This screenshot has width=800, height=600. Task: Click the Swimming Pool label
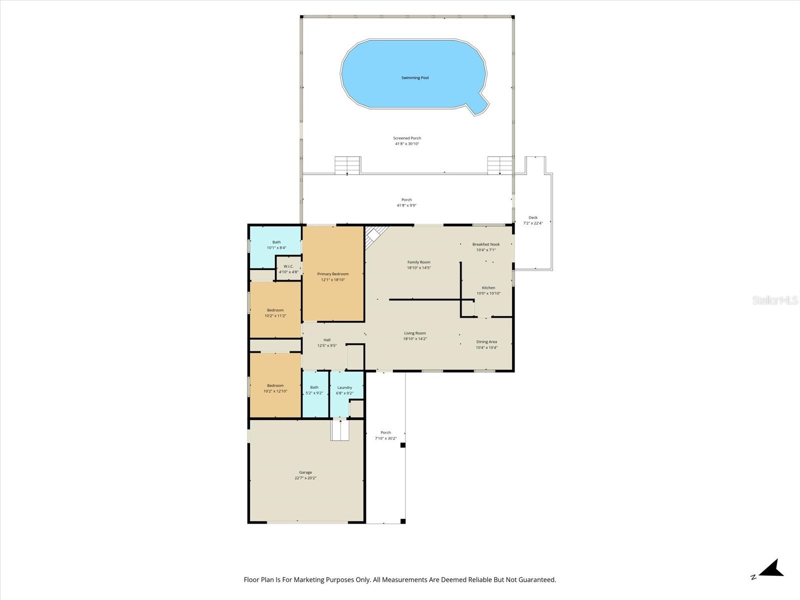[415, 78]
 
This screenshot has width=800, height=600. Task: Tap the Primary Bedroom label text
[332, 274]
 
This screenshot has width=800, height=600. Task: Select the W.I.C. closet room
[288, 269]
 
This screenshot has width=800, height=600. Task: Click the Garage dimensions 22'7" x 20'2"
[305, 478]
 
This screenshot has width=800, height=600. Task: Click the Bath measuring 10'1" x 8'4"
[276, 245]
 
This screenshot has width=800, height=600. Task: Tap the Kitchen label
[488, 288]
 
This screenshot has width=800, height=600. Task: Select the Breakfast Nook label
[486, 244]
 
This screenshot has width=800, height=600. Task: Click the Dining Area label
[486, 342]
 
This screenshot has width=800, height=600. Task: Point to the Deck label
[533, 217]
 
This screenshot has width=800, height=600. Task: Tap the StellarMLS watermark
[774, 300]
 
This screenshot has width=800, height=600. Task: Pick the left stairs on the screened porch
[347, 165]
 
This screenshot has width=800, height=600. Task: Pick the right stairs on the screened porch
[500, 165]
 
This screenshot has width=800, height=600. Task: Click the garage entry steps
[340, 430]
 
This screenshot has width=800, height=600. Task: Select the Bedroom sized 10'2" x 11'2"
[275, 313]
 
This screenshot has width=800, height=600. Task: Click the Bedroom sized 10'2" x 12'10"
[275, 388]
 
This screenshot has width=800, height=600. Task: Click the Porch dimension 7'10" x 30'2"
[385, 438]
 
